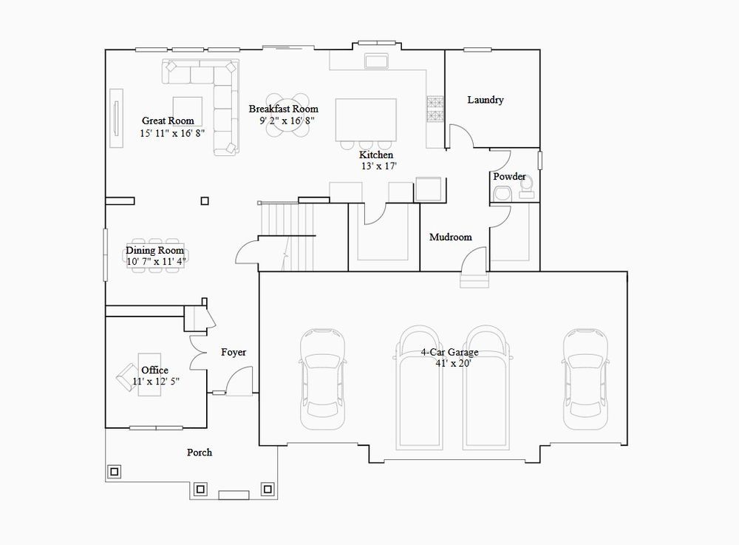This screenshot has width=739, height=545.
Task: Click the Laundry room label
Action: [x=486, y=100]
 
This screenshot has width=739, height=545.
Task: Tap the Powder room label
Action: [x=509, y=176]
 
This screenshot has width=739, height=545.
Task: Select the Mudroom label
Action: [x=451, y=237]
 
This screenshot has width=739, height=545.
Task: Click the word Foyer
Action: [x=234, y=352]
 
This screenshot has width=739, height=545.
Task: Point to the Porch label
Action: [x=200, y=453]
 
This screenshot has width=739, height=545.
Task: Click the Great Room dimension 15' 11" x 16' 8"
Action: [x=172, y=133]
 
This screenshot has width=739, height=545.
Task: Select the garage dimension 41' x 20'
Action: [x=454, y=363]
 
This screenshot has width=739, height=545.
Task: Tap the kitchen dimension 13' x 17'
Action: [x=379, y=166]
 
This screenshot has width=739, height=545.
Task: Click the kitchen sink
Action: [x=376, y=61]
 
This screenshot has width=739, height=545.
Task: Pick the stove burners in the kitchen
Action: [x=435, y=109]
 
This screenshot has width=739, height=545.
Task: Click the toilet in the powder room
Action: [x=526, y=186]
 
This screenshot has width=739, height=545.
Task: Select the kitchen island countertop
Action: [x=366, y=120]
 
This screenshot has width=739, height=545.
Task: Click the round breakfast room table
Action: [x=287, y=115]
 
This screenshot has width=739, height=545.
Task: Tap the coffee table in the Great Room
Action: [x=188, y=111]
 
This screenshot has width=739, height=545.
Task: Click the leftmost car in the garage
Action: [x=322, y=379]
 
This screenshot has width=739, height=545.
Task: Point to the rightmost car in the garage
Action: [x=585, y=379]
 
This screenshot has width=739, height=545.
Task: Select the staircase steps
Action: [x=286, y=236]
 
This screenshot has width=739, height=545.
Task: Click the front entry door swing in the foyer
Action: [x=239, y=381]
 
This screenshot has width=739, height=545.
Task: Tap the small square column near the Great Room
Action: [x=205, y=201]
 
